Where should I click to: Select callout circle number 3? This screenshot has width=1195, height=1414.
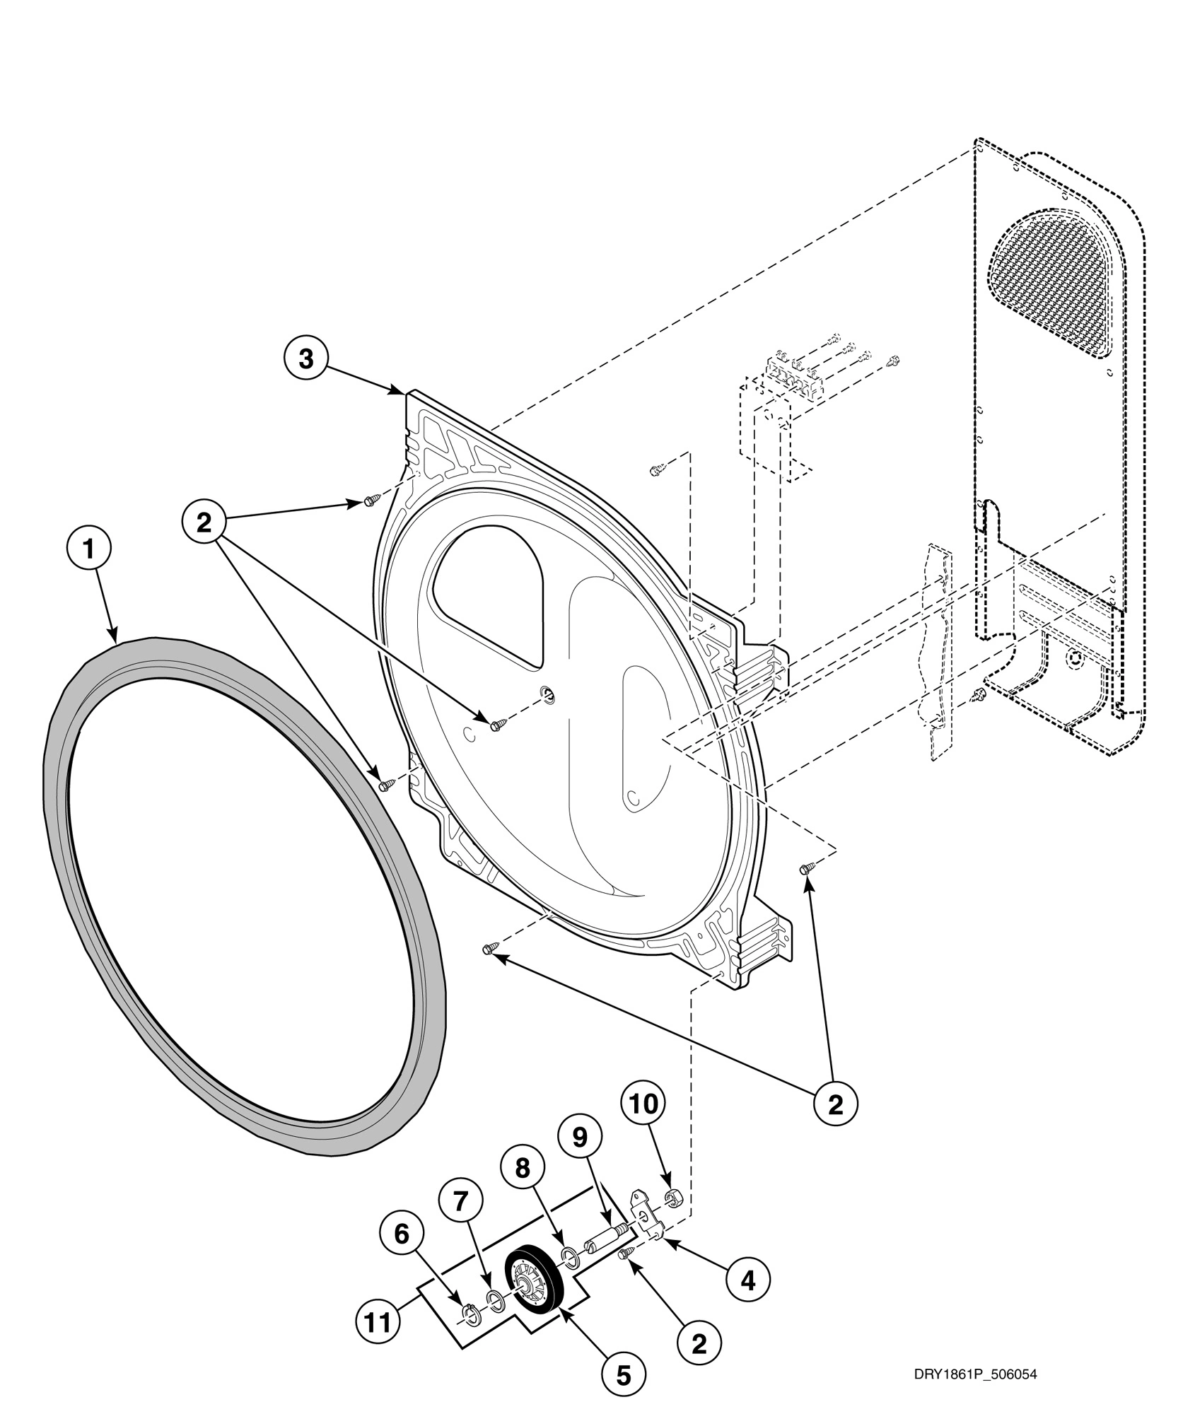[305, 358]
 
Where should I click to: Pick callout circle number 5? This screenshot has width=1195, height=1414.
[623, 1374]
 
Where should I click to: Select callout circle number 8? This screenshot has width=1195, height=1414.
[522, 1169]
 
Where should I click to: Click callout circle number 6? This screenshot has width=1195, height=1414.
[402, 1234]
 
